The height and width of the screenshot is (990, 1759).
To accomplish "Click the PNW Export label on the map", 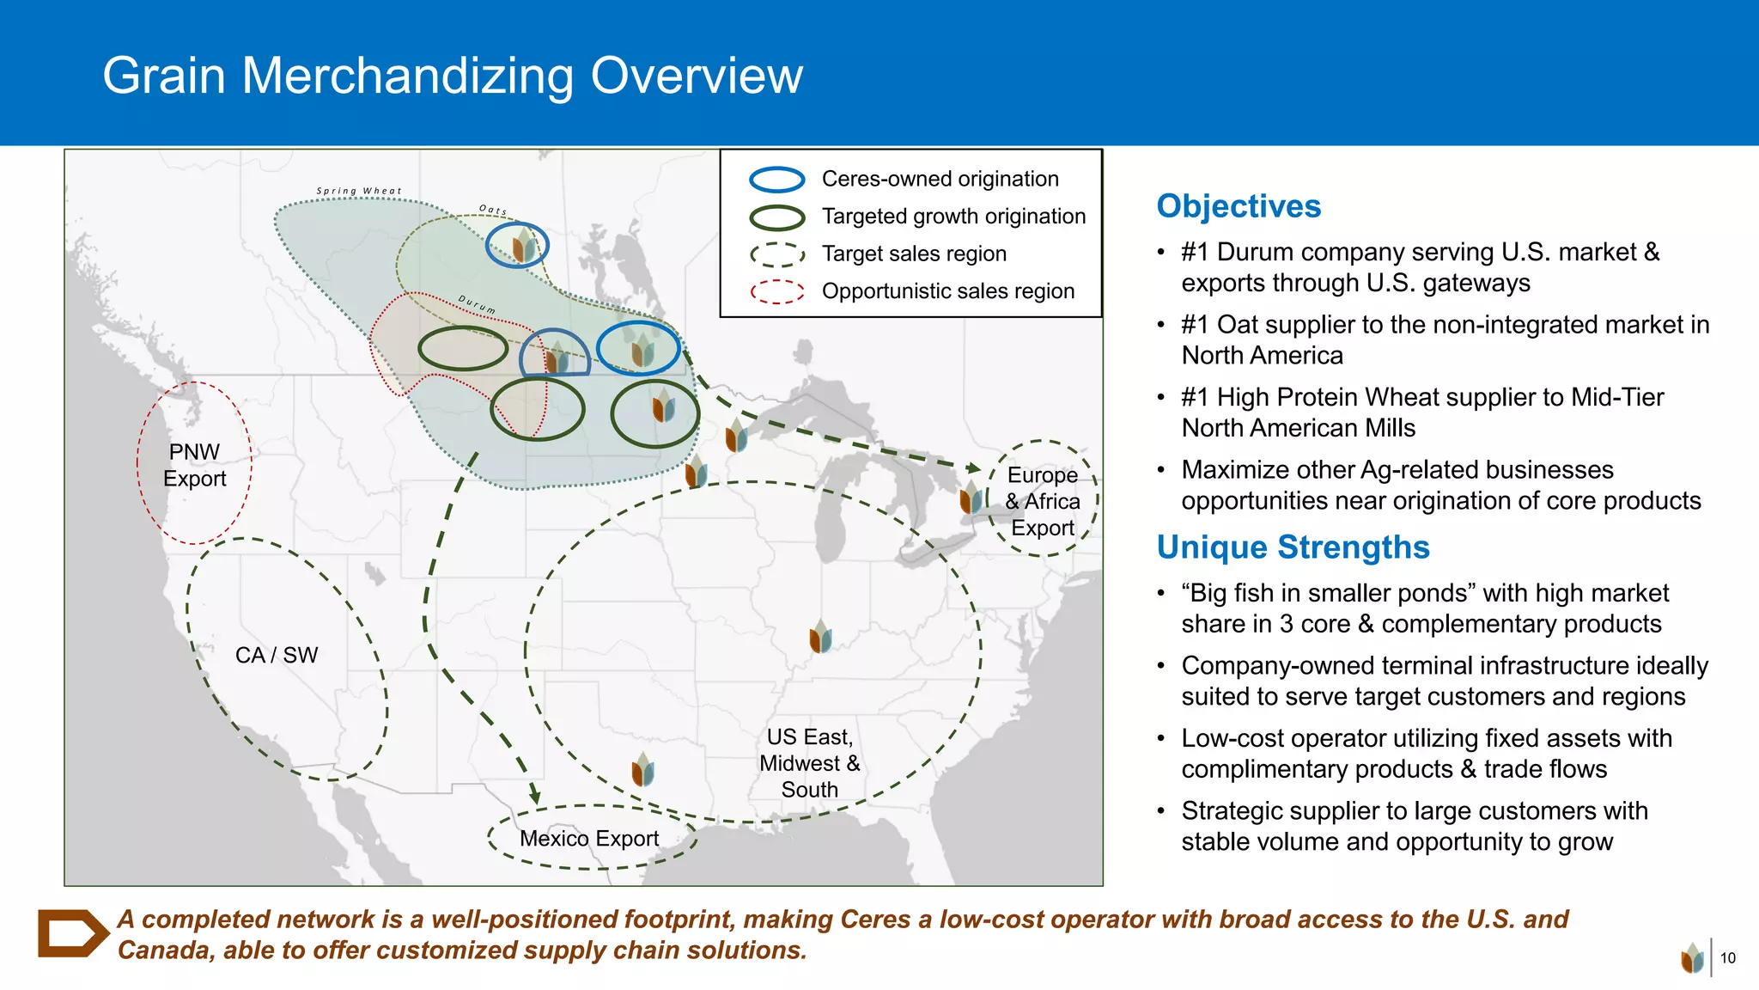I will (195, 465).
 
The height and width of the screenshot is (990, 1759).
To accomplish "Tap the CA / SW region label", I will (277, 655).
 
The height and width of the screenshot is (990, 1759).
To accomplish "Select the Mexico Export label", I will (589, 838).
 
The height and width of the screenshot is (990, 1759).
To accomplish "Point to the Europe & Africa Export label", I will (1043, 501).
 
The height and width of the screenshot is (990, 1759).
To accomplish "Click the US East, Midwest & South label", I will (809, 763).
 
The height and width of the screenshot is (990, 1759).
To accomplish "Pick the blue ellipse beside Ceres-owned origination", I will (776, 180).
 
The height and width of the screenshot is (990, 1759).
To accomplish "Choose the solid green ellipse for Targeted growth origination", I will (776, 217).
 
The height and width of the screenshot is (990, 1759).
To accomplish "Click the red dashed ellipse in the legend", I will (776, 292).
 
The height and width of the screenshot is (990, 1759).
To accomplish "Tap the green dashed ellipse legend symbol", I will (776, 254).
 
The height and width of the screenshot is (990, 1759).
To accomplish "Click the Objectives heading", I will (1239, 206).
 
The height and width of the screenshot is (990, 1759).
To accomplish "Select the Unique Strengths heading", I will (1293, 547).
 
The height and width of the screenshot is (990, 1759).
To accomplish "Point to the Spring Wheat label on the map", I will (359, 191).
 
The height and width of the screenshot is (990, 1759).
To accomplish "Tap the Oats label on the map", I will (493, 210).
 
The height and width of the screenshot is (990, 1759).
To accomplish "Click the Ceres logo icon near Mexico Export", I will (642, 770).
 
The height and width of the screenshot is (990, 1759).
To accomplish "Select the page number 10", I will (1728, 957).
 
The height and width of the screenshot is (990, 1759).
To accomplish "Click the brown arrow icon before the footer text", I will (72, 933).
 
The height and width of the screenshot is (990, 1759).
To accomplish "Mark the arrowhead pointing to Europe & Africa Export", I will (973, 467).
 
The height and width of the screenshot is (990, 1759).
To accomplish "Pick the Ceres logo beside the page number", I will (1692, 957).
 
